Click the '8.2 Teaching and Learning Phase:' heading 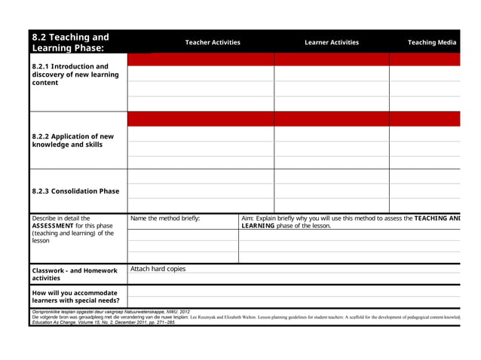(x=70, y=42)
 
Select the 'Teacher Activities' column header (x=213, y=43)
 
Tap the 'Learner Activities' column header (x=331, y=43)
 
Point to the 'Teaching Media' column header (x=432, y=43)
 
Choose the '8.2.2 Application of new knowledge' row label (x=72, y=141)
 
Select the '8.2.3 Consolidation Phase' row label (x=75, y=191)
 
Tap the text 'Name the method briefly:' (x=165, y=218)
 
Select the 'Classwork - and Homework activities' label (x=75, y=274)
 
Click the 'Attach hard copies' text (x=158, y=269)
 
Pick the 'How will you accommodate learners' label (x=75, y=297)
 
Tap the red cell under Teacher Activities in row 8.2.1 (x=201, y=59)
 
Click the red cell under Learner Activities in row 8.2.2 (x=331, y=119)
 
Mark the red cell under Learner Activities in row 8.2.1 (x=331, y=59)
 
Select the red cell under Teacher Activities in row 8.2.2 (x=201, y=119)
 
